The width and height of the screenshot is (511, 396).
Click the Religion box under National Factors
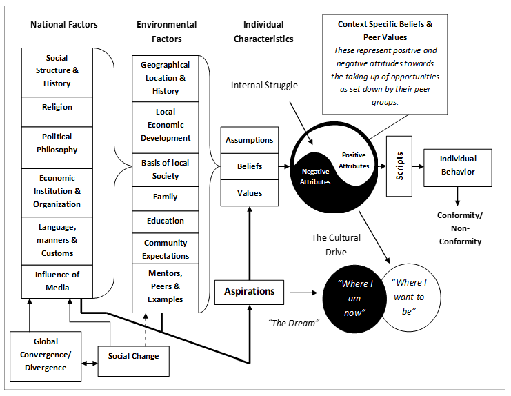tap(57, 112)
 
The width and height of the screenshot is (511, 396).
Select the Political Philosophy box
tap(57, 148)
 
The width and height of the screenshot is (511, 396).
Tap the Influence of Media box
tap(57, 281)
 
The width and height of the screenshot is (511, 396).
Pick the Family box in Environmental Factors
tap(166, 199)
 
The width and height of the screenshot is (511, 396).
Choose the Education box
tap(166, 222)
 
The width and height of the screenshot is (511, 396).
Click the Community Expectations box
tap(166, 248)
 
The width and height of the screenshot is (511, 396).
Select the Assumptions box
tap(250, 140)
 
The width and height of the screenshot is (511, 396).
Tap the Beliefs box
tap(250, 166)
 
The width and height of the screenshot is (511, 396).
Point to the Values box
tap(250, 193)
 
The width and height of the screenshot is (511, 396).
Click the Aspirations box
tap(250, 292)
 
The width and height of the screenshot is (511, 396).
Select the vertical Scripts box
tap(399, 166)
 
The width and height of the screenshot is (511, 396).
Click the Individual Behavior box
tap(458, 168)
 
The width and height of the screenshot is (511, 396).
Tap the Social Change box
tap(134, 361)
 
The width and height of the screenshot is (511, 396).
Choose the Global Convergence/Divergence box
tap(46, 356)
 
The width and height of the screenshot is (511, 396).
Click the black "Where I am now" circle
tap(352, 299)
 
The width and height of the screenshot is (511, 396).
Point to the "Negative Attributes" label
tap(315, 177)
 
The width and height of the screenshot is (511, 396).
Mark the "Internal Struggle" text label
tap(264, 86)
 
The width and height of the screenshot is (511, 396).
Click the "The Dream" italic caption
tap(294, 323)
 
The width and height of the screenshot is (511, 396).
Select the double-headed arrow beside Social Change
tap(90, 363)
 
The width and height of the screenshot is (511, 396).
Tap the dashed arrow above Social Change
tap(146, 330)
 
